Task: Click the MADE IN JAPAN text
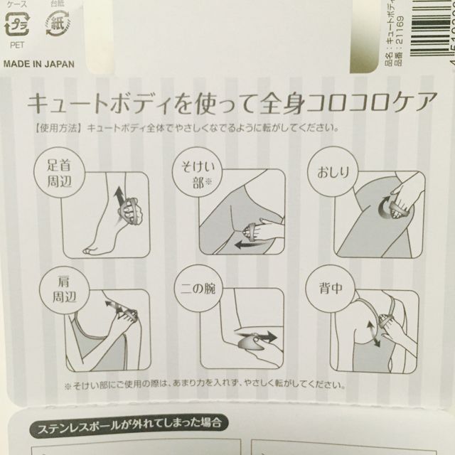point(38,63)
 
